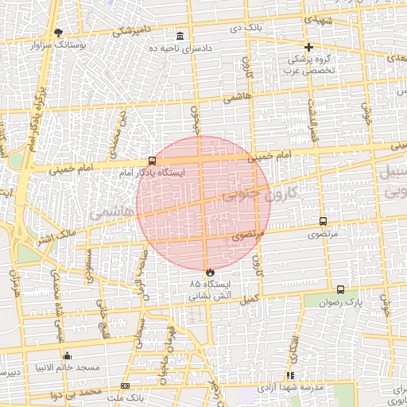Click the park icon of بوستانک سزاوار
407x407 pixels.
(58, 33)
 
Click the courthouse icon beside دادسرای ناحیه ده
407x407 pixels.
(181, 36)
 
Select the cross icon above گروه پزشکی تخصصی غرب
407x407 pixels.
(309, 47)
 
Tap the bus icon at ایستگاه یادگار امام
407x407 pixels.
(152, 160)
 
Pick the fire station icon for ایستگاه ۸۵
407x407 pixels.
(210, 272)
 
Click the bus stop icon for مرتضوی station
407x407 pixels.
(323, 222)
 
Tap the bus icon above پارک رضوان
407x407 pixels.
(341, 290)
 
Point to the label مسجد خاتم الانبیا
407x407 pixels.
(67, 367)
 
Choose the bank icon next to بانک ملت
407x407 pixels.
(125, 386)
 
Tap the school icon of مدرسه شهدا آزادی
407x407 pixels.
(291, 374)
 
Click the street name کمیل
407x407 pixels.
(249, 300)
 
